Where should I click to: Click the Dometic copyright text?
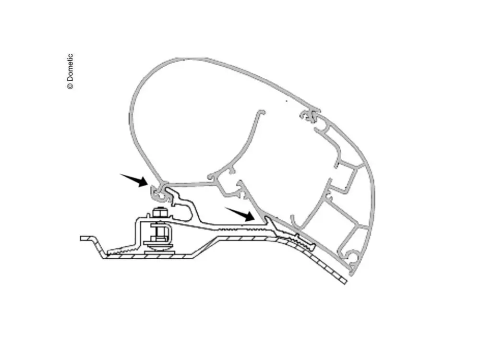(x=70, y=72)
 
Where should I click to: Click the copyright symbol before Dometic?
(x=70, y=86)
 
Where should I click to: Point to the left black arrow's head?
(x=143, y=181)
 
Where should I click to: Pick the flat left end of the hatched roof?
(x=84, y=238)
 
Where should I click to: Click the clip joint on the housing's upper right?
(x=310, y=115)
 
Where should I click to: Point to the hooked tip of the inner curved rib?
(x=261, y=113)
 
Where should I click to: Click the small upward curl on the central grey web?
(x=211, y=177)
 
